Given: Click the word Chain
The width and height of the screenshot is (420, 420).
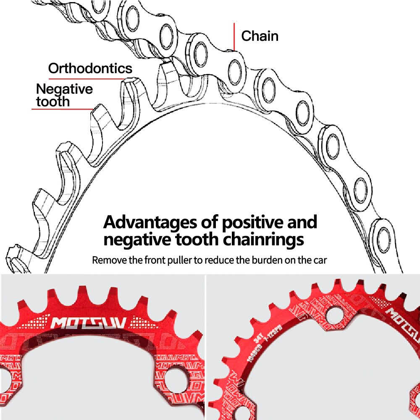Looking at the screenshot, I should pyautogui.click(x=260, y=36).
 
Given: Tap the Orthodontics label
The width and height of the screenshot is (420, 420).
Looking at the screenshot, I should pyautogui.click(x=90, y=68).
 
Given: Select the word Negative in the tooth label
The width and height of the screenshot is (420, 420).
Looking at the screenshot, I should pyautogui.click(x=64, y=89).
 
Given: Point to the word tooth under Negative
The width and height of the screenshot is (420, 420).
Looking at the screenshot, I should pyautogui.click(x=53, y=102).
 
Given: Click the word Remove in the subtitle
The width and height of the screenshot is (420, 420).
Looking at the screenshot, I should pyautogui.click(x=108, y=260).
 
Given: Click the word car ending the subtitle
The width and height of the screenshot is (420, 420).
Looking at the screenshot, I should pyautogui.click(x=319, y=260).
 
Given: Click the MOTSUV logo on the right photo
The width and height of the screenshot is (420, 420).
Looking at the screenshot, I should pyautogui.click(x=402, y=323).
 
